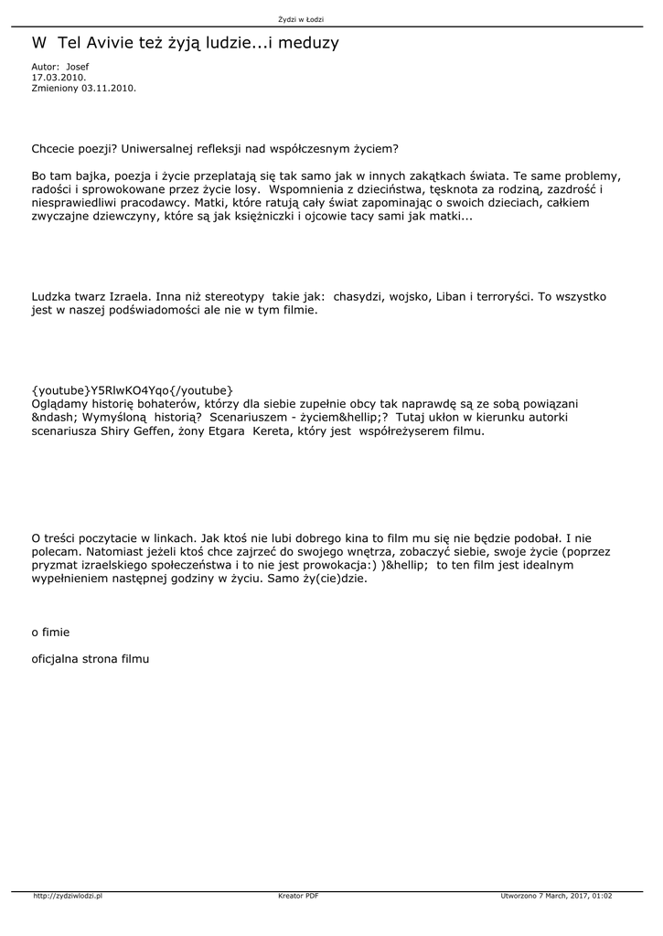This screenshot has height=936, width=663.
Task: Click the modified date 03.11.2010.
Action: (x=109, y=89)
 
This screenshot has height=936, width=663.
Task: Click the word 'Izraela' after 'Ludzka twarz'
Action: (x=125, y=297)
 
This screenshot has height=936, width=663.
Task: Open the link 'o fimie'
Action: (x=50, y=632)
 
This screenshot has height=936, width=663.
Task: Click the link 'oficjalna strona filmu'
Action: (x=90, y=657)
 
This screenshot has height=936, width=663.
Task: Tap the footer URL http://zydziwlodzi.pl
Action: (x=68, y=896)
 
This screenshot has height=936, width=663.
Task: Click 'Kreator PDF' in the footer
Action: (x=298, y=896)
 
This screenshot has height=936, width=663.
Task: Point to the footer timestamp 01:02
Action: (x=602, y=896)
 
